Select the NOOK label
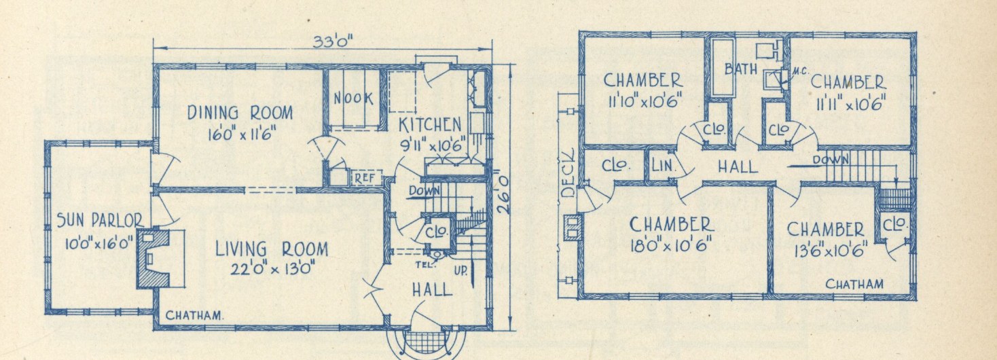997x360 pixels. tap(354, 98)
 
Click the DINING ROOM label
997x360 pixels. tap(240, 113)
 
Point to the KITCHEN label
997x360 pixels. tap(430, 125)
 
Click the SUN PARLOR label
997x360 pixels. tap(100, 220)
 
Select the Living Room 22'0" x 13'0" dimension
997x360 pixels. tap(273, 268)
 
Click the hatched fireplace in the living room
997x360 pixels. tap(153, 258)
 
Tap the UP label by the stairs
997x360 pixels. tap(460, 270)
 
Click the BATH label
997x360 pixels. tap(741, 69)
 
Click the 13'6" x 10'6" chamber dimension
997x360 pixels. tap(831, 250)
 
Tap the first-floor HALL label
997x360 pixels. tap(432, 290)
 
